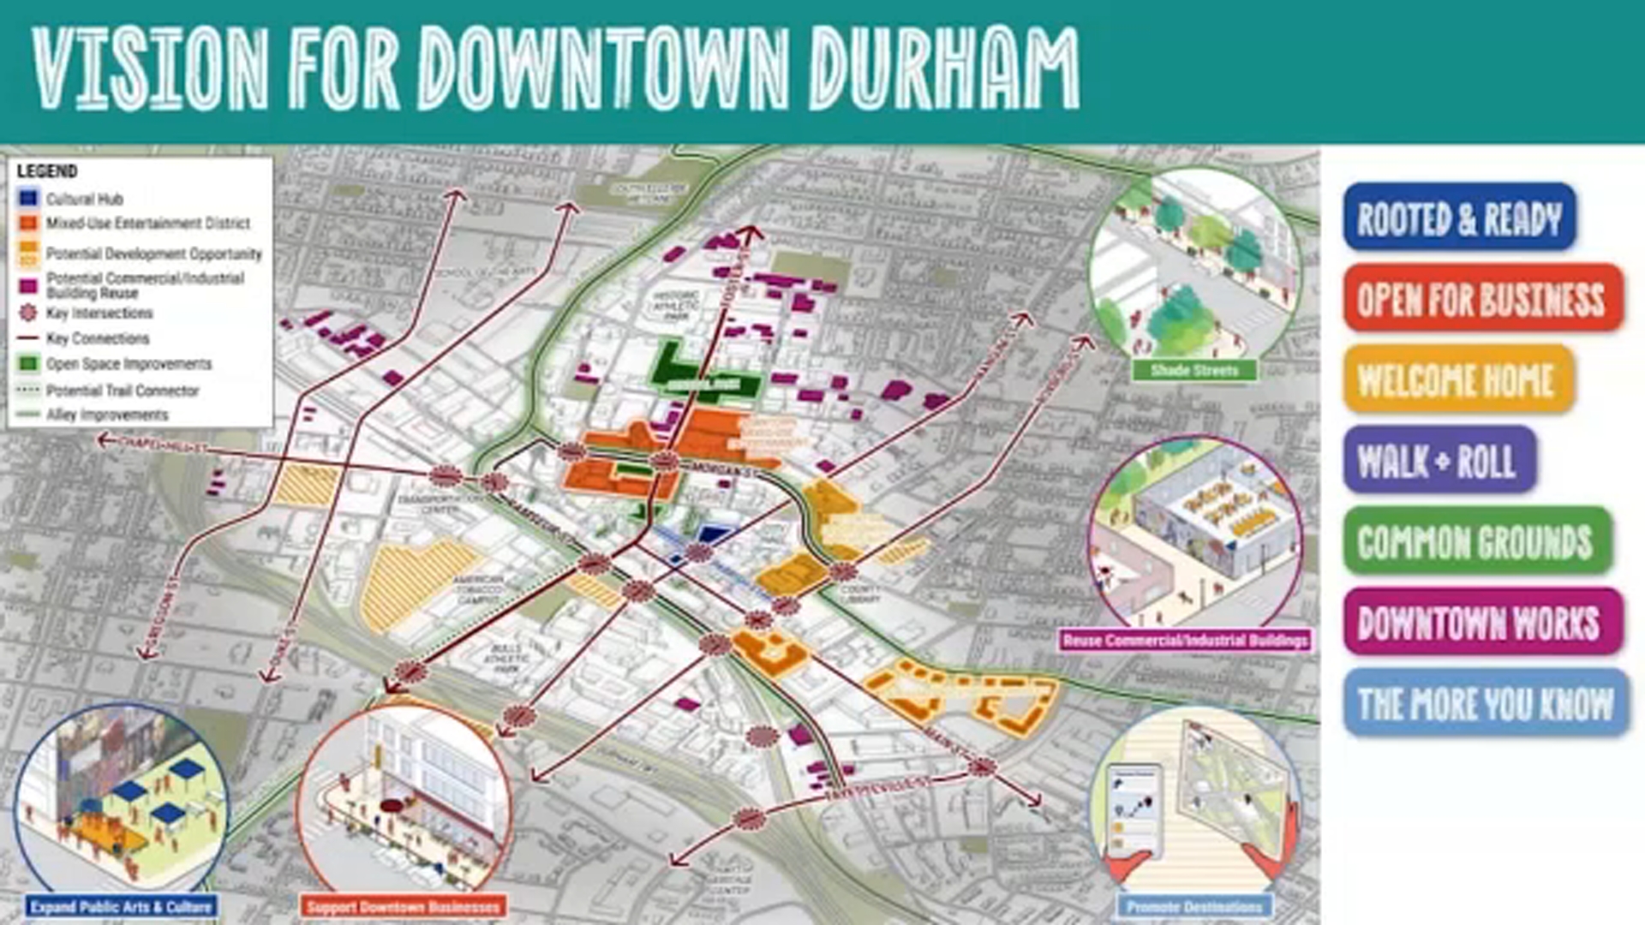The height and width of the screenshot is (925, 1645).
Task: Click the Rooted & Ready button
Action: coord(1459,218)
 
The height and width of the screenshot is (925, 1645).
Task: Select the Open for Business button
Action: coord(1482,298)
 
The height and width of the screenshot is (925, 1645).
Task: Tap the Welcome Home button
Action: coord(1457,379)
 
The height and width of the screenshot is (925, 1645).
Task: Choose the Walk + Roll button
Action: coord(1439,461)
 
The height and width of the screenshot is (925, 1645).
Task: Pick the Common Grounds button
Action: coord(1476,541)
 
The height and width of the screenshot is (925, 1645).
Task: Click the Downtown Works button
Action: coord(1481,622)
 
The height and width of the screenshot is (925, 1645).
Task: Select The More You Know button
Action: coord(1486,703)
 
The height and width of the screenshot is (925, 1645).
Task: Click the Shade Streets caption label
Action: coord(1194,370)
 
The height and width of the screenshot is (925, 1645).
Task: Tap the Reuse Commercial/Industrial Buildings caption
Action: coord(1186,640)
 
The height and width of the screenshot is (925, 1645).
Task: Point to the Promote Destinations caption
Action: coord(1194,906)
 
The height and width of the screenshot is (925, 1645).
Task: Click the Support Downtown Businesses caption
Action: coord(403,906)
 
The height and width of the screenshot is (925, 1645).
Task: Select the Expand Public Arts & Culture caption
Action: coord(120,906)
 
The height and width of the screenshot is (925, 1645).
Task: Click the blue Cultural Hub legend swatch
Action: coord(29,198)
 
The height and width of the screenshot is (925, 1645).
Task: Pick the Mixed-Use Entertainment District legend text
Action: coord(147,224)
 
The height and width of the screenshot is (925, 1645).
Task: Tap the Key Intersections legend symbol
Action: coord(29,313)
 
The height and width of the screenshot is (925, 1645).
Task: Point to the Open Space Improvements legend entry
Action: coord(129,364)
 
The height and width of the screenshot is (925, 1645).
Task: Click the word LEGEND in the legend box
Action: coord(47,171)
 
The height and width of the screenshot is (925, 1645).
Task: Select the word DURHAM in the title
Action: coord(945,69)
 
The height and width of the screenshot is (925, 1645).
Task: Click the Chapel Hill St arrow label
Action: coord(163,445)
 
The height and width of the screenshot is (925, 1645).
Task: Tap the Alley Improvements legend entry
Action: coord(107,415)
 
